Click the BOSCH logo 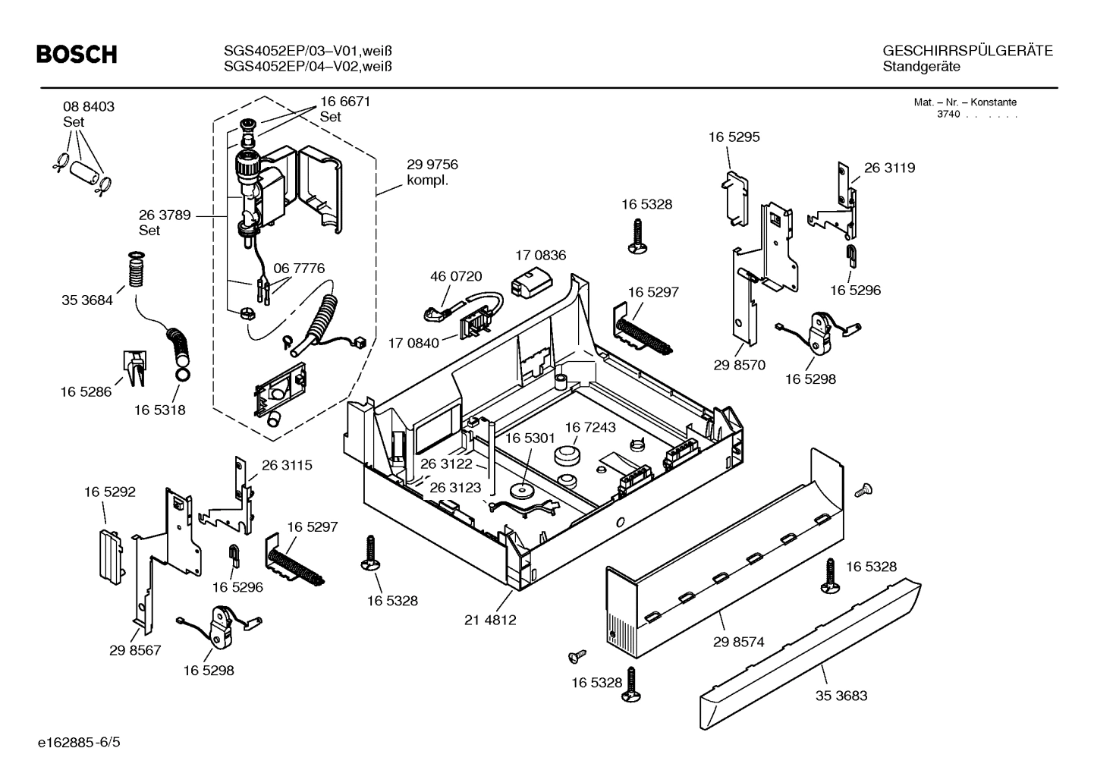[x=77, y=55]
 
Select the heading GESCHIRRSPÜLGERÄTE [x=967, y=51]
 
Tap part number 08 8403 [x=89, y=107]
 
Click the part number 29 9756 [x=432, y=165]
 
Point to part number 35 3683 [x=841, y=696]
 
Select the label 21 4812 [x=490, y=620]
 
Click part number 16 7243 [x=590, y=428]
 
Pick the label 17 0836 [x=540, y=256]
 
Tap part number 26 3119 [x=889, y=168]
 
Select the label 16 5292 [x=109, y=492]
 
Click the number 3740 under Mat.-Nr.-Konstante [x=948, y=115]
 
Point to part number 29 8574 [x=738, y=642]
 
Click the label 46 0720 [x=456, y=277]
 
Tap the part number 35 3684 [x=86, y=300]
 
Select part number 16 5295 [x=734, y=137]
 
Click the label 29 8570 [x=739, y=365]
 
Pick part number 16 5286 [x=86, y=392]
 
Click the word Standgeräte [x=921, y=67]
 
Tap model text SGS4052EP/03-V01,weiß [x=308, y=51]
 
